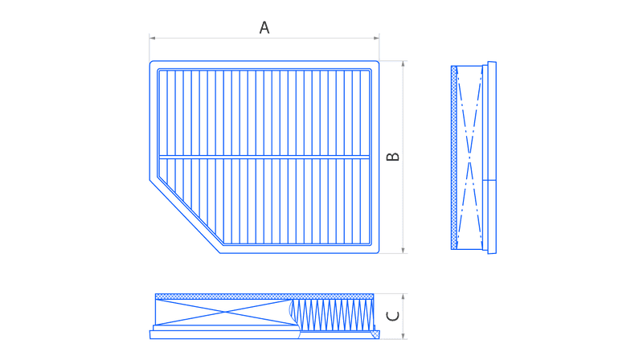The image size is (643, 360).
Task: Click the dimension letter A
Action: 264,27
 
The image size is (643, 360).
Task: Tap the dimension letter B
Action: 393,156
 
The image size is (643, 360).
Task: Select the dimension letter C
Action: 393,316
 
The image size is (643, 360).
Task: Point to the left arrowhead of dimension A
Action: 152,38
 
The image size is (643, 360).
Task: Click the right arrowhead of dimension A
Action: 376,38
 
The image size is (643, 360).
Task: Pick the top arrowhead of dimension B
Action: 403,64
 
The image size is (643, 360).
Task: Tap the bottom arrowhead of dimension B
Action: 403,250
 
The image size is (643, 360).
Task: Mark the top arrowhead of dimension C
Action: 403,297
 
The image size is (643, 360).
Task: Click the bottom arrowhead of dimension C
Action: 403,336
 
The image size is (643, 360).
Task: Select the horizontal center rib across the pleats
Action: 264,157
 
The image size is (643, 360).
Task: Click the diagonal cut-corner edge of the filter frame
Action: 185,216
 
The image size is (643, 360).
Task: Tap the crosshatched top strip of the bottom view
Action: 264,297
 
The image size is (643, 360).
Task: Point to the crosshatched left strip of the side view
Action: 454,157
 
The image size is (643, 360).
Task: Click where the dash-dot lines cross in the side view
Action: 469,157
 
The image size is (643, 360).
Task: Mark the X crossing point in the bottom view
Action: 225,312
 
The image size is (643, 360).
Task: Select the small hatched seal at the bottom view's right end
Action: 375,334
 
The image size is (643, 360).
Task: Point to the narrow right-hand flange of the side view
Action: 492,157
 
